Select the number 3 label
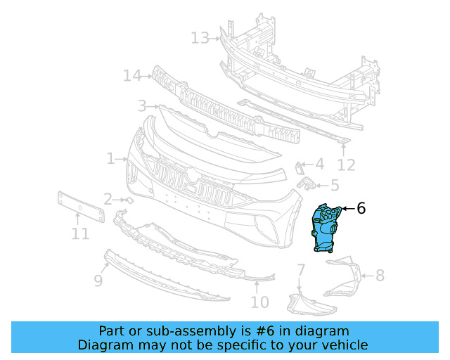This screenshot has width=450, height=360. [142, 106]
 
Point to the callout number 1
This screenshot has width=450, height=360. [111, 159]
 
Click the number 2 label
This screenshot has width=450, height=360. [108, 199]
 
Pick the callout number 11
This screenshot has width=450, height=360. [80, 233]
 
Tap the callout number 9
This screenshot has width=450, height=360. [98, 281]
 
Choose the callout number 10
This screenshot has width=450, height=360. [259, 302]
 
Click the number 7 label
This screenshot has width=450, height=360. [300, 270]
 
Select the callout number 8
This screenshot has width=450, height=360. [380, 275]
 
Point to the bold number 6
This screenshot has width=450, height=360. [361, 208]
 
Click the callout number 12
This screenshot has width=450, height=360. [346, 165]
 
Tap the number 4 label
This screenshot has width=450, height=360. [319, 165]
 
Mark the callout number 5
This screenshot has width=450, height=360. [334, 186]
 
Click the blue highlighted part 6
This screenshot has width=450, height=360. [325, 227]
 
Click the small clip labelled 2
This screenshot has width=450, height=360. [129, 200]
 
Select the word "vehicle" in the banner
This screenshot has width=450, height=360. [342, 345]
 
